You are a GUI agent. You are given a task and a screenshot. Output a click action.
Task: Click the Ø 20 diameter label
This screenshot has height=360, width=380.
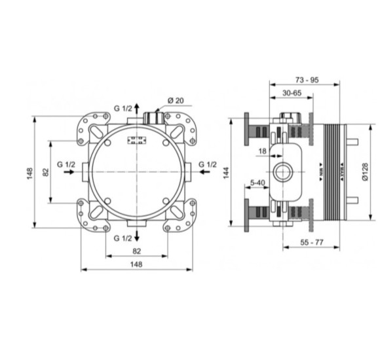(x=176, y=99)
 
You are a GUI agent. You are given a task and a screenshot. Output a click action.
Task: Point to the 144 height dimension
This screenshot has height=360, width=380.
(x=225, y=172)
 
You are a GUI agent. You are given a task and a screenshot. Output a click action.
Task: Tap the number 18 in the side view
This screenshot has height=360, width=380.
(x=262, y=151)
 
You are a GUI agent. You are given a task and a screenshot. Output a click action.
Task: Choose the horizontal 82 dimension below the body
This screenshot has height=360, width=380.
(x=136, y=250)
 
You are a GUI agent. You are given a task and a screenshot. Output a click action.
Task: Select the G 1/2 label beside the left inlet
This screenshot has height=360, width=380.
(x=66, y=164)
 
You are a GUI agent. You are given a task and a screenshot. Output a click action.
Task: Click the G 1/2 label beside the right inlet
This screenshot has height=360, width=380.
(x=207, y=164)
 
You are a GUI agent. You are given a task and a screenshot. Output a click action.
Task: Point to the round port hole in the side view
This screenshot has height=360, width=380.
(x=284, y=173)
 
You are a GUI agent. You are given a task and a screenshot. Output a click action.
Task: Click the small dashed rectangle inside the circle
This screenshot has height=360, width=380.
(x=137, y=139)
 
